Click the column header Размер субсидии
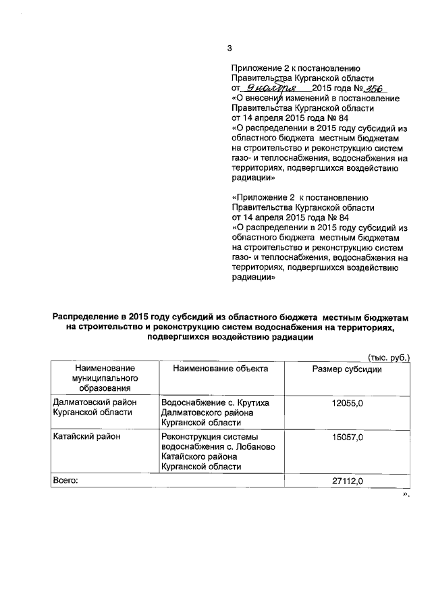348,369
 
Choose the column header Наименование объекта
220,369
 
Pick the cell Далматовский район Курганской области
94,408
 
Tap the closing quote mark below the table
406,494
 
